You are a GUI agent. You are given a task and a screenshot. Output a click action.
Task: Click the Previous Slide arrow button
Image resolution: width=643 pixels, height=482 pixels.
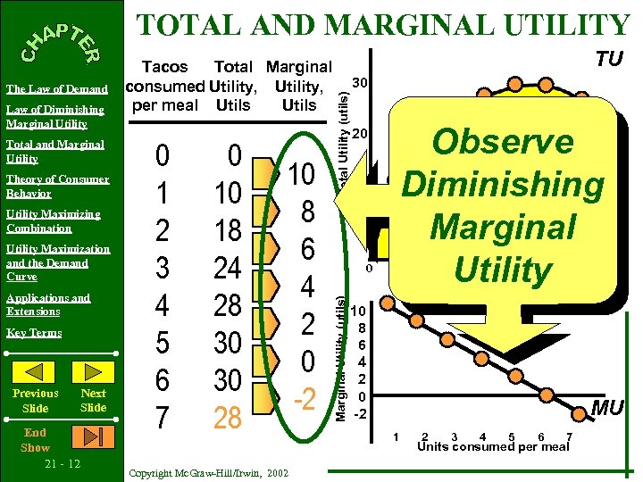tap(36, 370)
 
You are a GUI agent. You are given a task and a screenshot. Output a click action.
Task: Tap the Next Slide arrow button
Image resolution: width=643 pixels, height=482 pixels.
tap(93, 370)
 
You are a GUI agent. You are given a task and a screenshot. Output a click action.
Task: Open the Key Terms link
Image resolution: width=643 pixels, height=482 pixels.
tap(34, 333)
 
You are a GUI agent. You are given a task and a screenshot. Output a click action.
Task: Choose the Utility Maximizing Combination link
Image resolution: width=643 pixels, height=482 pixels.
tap(53, 220)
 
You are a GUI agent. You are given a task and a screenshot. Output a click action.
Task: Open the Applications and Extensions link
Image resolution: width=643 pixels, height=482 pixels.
tap(47, 304)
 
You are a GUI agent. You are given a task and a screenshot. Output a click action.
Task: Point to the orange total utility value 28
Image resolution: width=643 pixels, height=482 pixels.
tap(228, 417)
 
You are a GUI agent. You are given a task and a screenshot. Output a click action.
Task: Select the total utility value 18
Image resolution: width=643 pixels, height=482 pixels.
tap(228, 229)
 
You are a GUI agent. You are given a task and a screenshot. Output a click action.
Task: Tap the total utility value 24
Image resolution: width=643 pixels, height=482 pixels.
tap(228, 267)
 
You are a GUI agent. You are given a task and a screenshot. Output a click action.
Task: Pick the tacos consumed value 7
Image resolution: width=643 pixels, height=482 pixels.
tap(162, 417)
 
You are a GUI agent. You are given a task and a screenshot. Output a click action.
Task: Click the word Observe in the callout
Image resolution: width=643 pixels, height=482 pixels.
tap(503, 142)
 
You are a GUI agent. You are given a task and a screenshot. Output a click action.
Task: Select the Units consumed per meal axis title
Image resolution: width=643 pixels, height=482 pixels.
tap(493, 446)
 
